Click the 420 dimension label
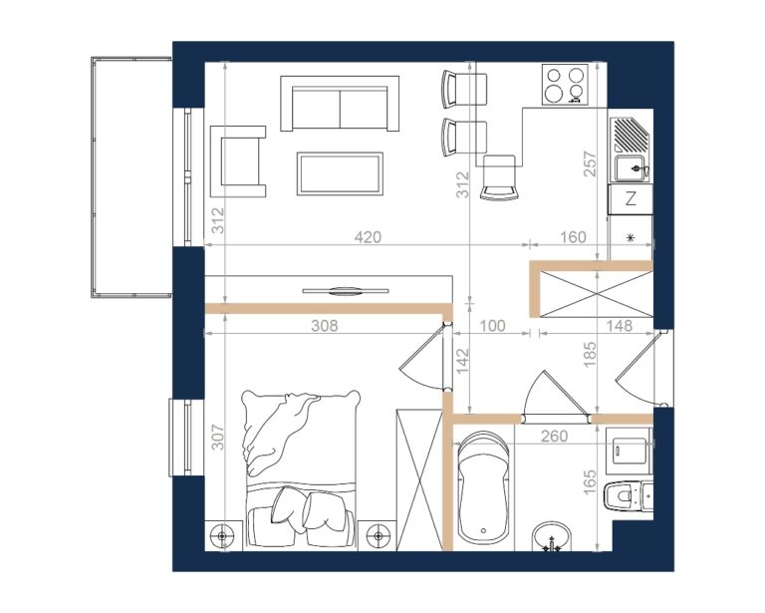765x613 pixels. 368,237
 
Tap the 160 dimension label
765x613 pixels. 573,237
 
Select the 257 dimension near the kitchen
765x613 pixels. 590,164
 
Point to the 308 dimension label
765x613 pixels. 324,326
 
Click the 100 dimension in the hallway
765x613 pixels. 492,326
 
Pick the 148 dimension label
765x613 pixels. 620,326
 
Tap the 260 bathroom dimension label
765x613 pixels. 554,436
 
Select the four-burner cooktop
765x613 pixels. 565,85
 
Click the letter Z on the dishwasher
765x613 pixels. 631,199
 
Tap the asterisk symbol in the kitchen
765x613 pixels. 631,237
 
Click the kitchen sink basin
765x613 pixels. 633,168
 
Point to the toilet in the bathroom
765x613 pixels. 628,495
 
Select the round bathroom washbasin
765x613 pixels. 551,537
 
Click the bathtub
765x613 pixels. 483,488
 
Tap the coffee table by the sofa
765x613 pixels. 340,173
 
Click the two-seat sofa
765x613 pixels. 340,104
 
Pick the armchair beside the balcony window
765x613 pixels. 238,161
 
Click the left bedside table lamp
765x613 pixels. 223,535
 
